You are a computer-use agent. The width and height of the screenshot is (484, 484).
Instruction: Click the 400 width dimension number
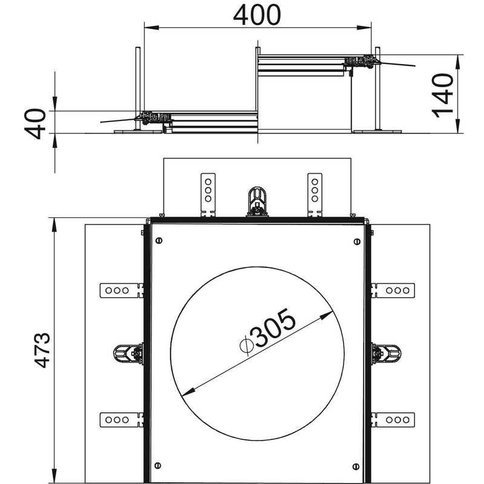[x=257, y=15]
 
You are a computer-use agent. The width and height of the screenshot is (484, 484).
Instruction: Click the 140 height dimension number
[x=443, y=96]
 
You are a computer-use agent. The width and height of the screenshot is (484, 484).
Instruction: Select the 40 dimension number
[x=35, y=123]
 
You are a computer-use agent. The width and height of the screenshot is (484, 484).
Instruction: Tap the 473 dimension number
[x=42, y=350]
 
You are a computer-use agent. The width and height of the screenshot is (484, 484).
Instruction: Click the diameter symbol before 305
[x=247, y=345]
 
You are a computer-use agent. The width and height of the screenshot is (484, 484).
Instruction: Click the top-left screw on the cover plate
[x=159, y=240]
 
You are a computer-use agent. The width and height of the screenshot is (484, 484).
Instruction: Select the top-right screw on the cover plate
[x=357, y=241]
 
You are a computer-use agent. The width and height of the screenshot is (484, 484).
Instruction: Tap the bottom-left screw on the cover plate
[x=157, y=465]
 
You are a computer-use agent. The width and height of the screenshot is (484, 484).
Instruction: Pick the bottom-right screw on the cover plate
[x=356, y=466]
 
